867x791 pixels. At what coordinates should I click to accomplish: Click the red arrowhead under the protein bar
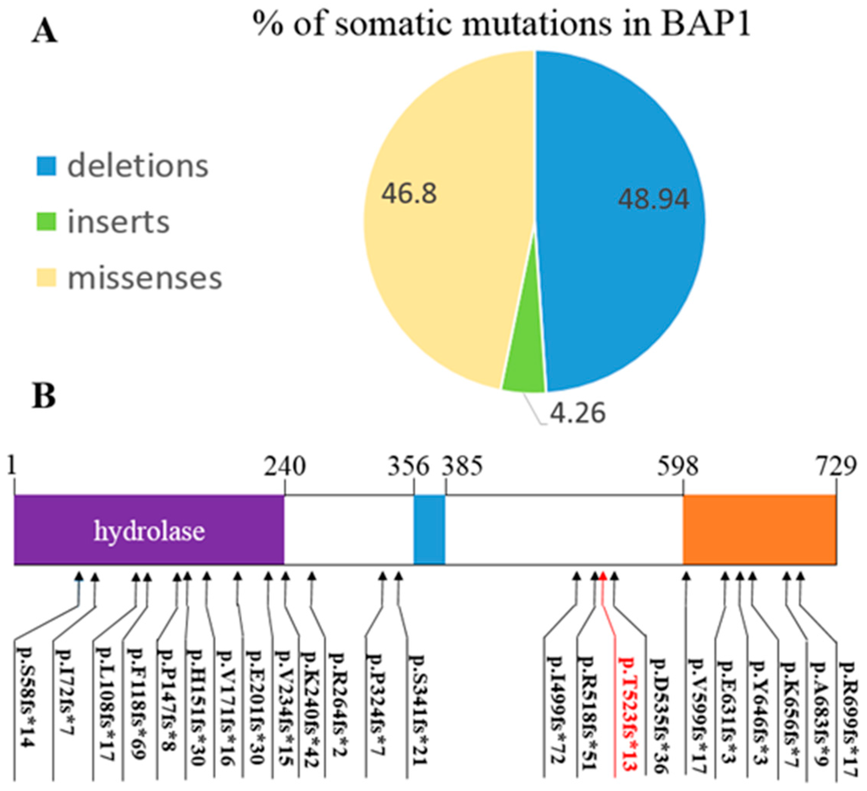602,576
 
